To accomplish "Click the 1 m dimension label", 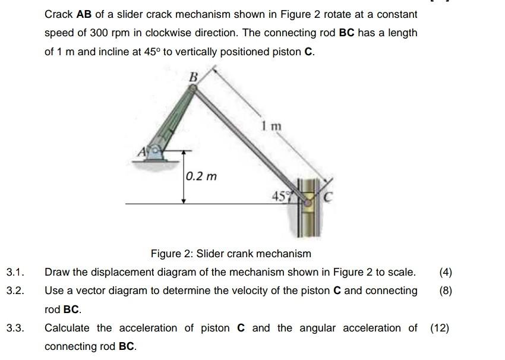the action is coord(270,127).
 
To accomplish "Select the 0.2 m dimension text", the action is coord(201,176).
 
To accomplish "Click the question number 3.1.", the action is coord(14,273).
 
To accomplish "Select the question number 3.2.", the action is coord(14,291).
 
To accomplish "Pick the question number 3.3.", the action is coord(14,328).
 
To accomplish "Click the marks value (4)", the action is coord(446,273).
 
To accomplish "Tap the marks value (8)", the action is coord(446,291).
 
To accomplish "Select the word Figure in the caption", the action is coord(165,254).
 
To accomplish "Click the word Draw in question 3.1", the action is coord(57,273).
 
